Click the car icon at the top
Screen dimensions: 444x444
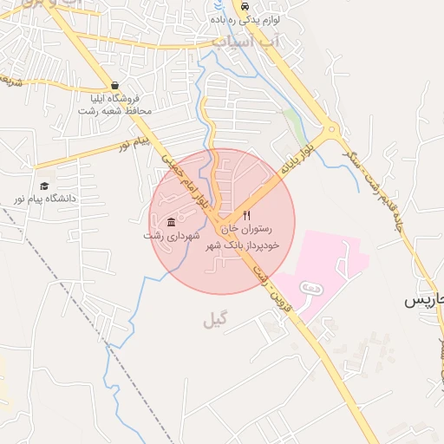[x=219, y=6]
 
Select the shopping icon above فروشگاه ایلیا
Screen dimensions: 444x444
[x=115, y=85]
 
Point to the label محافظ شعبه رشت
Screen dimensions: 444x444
[x=114, y=111]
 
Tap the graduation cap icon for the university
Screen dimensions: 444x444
[x=44, y=186]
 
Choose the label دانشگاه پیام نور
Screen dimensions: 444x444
[x=44, y=199]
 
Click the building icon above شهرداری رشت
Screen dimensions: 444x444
[x=170, y=220]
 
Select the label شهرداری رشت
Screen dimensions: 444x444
[x=172, y=235]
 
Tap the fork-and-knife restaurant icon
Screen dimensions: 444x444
[x=246, y=215]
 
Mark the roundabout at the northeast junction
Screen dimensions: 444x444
[x=330, y=132]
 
